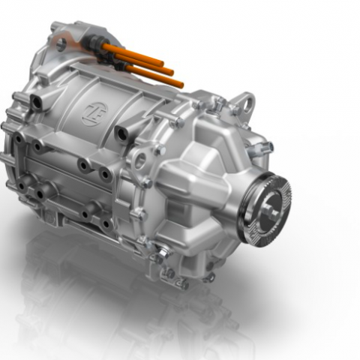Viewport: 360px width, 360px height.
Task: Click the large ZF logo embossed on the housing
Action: pyautogui.click(x=94, y=114)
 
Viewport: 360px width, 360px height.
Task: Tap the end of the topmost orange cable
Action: pyautogui.click(x=162, y=63)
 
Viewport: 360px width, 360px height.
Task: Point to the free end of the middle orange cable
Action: pyautogui.click(x=171, y=72)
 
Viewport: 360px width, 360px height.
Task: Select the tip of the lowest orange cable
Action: pyautogui.click(x=181, y=85)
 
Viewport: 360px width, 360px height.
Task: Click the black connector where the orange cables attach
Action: pyautogui.click(x=96, y=41)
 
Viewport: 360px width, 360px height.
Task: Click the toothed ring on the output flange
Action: pyautogui.click(x=265, y=209)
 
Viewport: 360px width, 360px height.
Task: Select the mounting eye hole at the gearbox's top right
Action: pyautogui.click(x=248, y=104)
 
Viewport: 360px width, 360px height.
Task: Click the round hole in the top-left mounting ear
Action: pyautogui.click(x=61, y=44)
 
